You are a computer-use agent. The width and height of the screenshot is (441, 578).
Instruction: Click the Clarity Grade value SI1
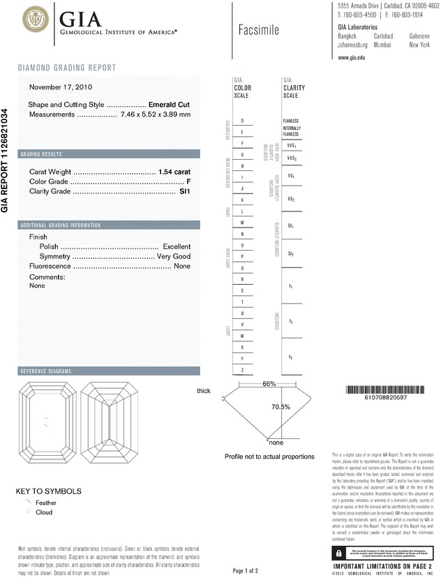pyautogui.click(x=185, y=191)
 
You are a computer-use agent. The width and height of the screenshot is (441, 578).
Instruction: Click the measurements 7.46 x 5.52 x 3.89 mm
pyautogui.click(x=155, y=114)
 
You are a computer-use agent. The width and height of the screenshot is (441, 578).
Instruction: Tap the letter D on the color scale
pyautogui.click(x=242, y=121)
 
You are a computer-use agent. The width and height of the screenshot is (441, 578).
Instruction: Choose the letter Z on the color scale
pyautogui.click(x=242, y=369)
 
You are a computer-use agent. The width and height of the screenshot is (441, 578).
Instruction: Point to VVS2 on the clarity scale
pyautogui.click(x=292, y=158)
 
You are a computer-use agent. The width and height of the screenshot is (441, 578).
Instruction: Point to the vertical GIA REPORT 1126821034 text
pyautogui.click(x=6, y=161)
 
